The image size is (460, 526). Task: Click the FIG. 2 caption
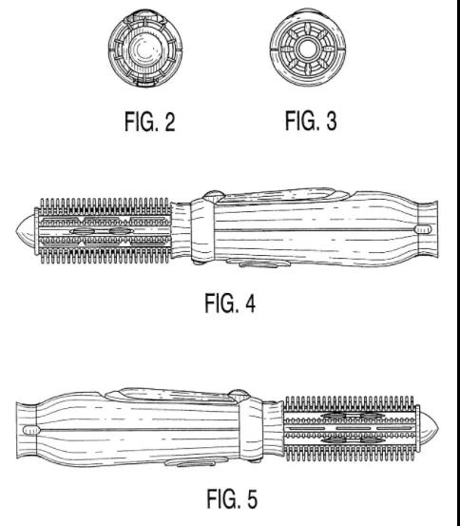click(150, 122)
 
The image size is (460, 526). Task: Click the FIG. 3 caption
click(311, 121)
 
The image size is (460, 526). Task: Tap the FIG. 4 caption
click(230, 302)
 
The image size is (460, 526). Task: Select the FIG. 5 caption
click(232, 498)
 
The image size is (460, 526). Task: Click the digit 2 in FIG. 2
click(170, 122)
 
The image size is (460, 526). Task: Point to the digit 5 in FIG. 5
click(252, 498)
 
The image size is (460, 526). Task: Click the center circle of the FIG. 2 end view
click(145, 49)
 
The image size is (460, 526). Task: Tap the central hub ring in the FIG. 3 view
click(306, 49)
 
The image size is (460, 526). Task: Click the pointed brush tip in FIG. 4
click(25, 231)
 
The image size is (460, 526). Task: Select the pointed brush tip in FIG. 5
click(429, 428)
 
